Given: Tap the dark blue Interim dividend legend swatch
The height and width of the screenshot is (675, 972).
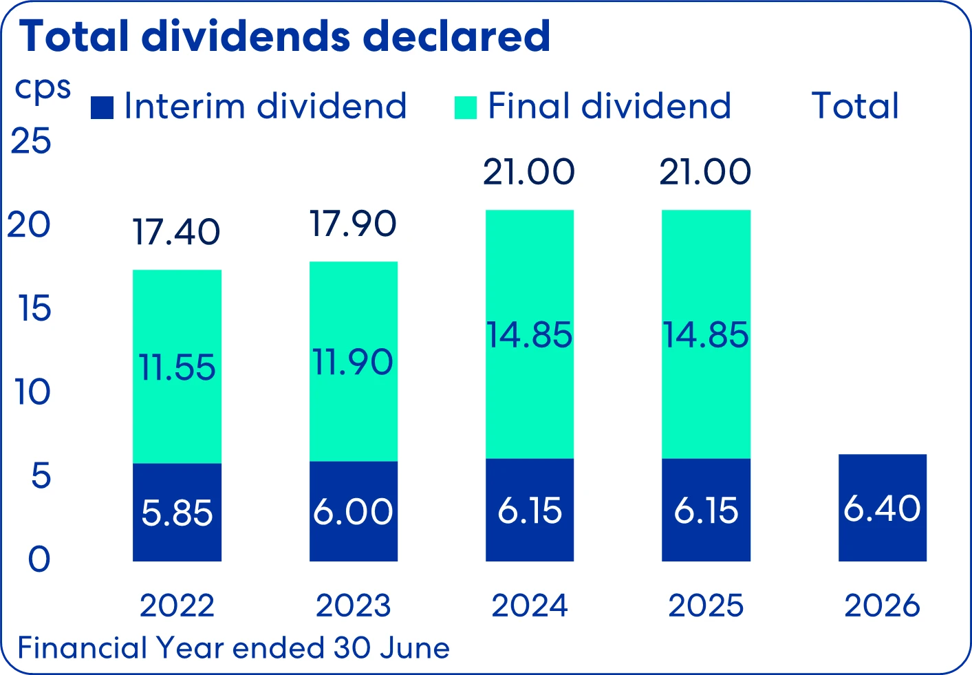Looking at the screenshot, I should pyautogui.click(x=102, y=107).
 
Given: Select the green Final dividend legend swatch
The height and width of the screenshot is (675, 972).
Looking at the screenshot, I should pyautogui.click(x=466, y=107).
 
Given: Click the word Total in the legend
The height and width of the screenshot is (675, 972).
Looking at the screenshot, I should pyautogui.click(x=855, y=107).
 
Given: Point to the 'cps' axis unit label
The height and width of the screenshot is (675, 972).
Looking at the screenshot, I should pyautogui.click(x=43, y=88).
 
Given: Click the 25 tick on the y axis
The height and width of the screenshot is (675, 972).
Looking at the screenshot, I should pyautogui.click(x=31, y=141).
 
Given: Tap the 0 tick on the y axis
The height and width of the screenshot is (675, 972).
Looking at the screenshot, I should pyautogui.click(x=39, y=560).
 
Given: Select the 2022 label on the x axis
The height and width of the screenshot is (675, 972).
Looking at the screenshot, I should pyautogui.click(x=177, y=606).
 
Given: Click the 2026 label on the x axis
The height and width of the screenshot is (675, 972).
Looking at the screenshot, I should pyautogui.click(x=882, y=606).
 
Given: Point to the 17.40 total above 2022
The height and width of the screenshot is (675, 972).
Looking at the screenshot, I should pyautogui.click(x=176, y=232).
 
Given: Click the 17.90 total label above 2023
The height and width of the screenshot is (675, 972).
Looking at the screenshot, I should pyautogui.click(x=353, y=224).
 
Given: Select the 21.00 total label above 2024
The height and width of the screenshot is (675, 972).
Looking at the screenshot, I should pyautogui.click(x=528, y=172).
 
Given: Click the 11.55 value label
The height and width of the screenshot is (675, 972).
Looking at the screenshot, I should pyautogui.click(x=177, y=367).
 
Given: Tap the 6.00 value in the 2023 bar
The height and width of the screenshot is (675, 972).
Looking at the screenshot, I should pyautogui.click(x=353, y=512).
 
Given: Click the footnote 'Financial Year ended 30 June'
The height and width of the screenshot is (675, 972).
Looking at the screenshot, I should pyautogui.click(x=233, y=648).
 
